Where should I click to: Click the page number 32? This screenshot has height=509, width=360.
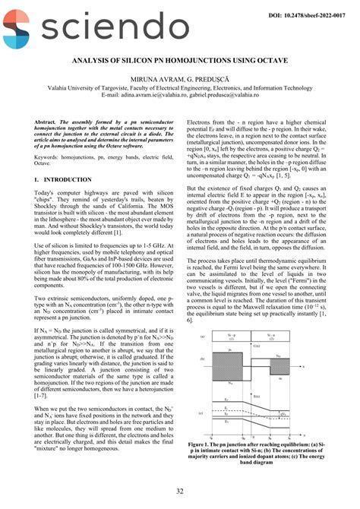pyautogui.click(x=179, y=492)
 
